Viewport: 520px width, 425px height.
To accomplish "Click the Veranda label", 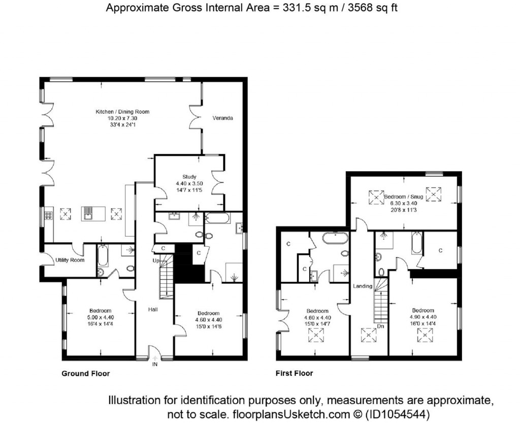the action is [222, 118].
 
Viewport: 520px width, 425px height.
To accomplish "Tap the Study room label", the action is [189, 177].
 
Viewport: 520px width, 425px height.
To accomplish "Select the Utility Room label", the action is [70, 260].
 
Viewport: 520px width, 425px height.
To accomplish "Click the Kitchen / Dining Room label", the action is [122, 112].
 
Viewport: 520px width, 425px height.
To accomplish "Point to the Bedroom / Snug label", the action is [404, 197].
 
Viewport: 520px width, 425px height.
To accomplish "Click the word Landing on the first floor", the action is [363, 286].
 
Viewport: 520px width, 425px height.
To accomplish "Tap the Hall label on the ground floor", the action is [153, 309].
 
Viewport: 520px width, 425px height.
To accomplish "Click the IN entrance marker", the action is [155, 365].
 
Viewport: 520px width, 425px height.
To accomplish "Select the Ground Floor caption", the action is [85, 374].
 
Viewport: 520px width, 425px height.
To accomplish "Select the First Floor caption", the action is [294, 373].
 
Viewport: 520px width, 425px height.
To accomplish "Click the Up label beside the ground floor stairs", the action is [156, 260].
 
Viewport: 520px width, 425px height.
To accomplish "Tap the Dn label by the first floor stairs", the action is [381, 326].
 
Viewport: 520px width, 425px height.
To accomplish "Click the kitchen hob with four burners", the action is [48, 216].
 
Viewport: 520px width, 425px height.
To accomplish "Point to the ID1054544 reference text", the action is [398, 414].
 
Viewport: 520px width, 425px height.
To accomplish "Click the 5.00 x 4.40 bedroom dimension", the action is [101, 317].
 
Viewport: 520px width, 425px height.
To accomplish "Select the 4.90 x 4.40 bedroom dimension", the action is [423, 317].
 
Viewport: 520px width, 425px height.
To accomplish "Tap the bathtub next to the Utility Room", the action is [103, 255].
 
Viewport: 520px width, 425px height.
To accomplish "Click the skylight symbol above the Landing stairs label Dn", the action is [369, 335].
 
